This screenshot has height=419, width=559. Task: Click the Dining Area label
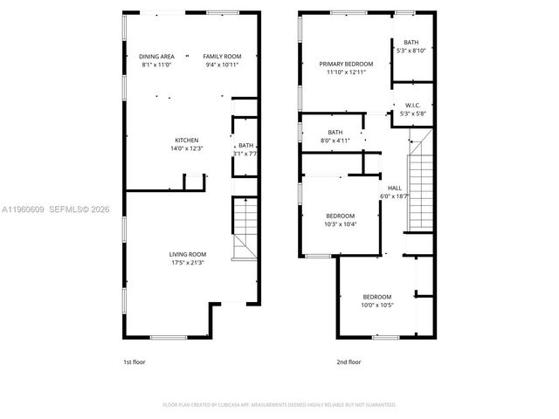[x=157, y=57]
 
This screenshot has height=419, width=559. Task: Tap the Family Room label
[x=222, y=57]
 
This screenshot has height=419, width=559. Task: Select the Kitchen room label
[x=187, y=141]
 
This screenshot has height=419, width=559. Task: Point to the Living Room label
[x=188, y=254]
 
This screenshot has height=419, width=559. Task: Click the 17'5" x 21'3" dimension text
[x=188, y=262]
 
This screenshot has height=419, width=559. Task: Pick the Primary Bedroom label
[x=346, y=64]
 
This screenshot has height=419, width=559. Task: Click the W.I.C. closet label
[x=413, y=106]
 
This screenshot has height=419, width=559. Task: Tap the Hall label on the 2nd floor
[x=395, y=188]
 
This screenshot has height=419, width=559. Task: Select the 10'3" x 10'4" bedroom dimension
[x=341, y=223]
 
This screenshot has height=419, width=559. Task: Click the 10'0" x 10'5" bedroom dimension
[x=377, y=305]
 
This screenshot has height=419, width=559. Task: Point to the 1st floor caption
[x=135, y=361]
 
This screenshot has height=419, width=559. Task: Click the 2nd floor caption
[x=349, y=361]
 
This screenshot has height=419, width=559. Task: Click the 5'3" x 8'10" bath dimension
[x=411, y=51]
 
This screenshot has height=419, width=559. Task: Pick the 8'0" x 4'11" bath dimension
[x=335, y=141]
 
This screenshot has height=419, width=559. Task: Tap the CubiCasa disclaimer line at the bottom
[x=279, y=405]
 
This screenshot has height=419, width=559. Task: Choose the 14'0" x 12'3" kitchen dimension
[x=187, y=148]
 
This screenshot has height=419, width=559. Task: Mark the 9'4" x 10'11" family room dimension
[x=222, y=65]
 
